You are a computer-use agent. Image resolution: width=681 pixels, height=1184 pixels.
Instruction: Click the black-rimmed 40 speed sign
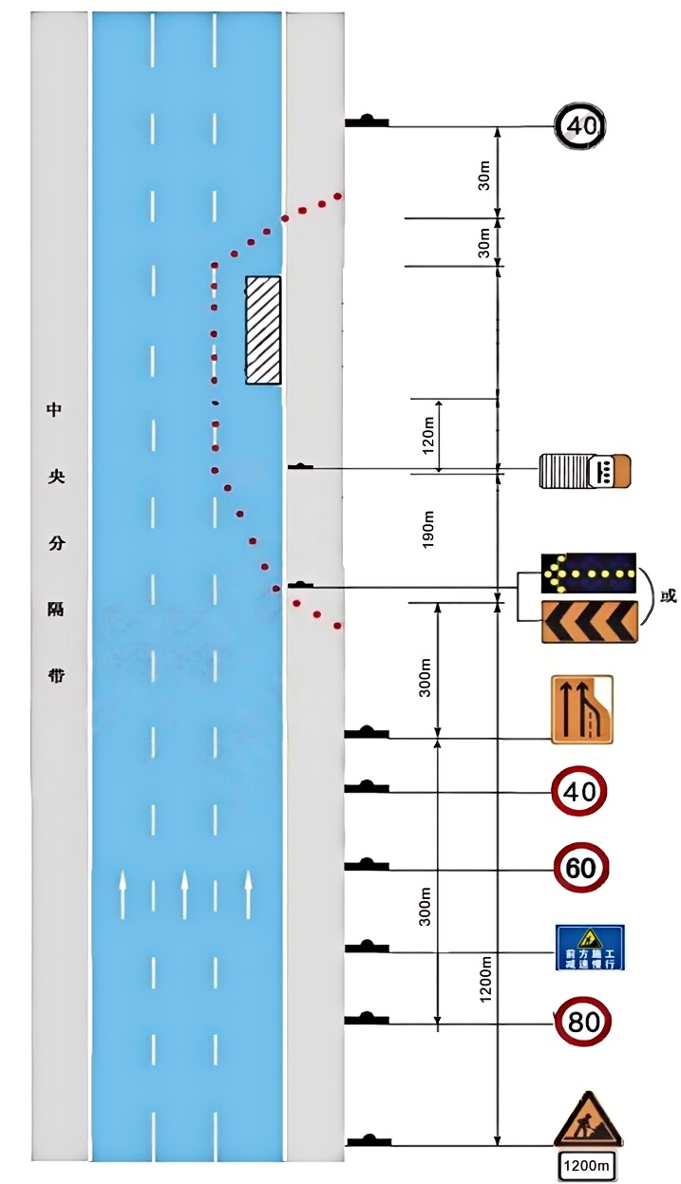coord(580,125)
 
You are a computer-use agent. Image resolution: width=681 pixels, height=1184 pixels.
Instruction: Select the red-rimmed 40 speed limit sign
coord(579,791)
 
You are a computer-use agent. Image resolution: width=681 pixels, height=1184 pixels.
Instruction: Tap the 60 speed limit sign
coord(580,868)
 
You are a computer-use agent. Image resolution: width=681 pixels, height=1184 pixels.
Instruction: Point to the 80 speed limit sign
coord(582,1023)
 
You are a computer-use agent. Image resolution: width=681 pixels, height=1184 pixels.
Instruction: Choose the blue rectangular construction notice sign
coord(590,947)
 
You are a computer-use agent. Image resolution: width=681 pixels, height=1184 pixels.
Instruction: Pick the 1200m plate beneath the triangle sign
coord(588,1165)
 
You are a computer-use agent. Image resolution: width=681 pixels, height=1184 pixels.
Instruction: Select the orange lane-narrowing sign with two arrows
coord(582,709)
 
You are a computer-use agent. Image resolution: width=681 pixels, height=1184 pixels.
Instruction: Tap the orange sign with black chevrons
coord(589,622)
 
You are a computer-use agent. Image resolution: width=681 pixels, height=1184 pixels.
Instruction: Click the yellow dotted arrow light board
coord(589,573)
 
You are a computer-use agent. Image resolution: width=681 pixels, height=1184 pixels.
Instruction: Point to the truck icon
coord(584,471)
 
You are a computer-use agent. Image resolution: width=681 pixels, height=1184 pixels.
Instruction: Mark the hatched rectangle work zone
coord(263,330)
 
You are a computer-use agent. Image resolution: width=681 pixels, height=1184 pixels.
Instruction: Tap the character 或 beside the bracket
coord(669,596)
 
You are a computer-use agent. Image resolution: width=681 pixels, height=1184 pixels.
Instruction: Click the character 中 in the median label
coord(54,410)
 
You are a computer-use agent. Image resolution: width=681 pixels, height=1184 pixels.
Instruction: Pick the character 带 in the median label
coord(54,677)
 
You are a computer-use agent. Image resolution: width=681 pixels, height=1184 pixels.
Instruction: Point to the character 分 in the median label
coord(54,544)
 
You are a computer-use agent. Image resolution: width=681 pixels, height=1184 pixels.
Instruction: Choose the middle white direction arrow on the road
coord(185,893)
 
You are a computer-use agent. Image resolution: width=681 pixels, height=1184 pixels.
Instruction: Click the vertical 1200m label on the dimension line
coord(485,980)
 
